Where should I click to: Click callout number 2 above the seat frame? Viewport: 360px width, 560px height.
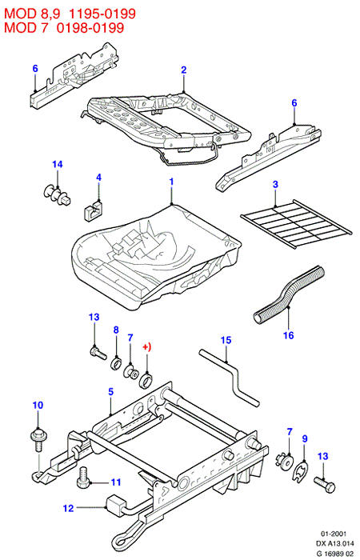(x=183, y=70)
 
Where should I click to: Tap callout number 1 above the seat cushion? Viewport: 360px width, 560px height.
(x=171, y=182)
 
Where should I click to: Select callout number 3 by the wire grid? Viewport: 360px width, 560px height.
(x=275, y=185)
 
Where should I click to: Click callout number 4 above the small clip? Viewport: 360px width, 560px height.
(x=99, y=178)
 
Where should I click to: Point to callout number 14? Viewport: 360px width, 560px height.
(x=58, y=164)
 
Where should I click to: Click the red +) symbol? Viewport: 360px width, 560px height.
(x=146, y=346)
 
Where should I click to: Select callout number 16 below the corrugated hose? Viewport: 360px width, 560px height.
(x=289, y=335)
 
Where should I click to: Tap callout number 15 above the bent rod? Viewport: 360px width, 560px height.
(x=226, y=340)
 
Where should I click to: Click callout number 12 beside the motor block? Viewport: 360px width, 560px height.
(x=68, y=508)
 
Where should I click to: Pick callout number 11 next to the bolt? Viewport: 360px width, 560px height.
(x=116, y=482)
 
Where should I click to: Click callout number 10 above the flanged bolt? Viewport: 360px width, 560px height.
(x=38, y=406)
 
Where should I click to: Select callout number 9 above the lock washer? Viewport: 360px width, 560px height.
(x=305, y=438)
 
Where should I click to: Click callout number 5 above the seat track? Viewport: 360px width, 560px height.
(x=110, y=392)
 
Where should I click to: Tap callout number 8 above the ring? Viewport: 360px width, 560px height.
(x=116, y=330)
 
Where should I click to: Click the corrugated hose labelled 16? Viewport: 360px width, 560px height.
(x=290, y=294)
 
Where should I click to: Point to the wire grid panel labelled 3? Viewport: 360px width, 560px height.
(x=297, y=224)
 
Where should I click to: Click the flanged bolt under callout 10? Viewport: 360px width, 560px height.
(x=37, y=439)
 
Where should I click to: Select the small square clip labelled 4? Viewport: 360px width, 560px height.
(x=94, y=210)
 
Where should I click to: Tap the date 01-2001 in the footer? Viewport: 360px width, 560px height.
(x=334, y=534)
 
